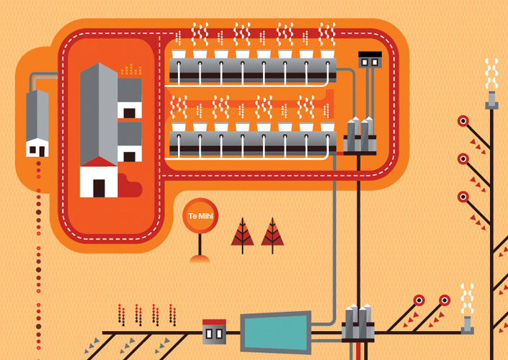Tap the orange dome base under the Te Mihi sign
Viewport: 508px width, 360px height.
[200, 258]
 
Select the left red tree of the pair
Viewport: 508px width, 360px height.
[242, 233]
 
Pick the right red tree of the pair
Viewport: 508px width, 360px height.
[272, 233]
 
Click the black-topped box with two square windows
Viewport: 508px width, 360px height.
[370, 60]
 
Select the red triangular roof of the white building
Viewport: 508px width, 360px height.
[99, 163]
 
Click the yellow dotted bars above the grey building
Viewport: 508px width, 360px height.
[130, 70]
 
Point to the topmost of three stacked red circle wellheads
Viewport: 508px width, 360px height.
[463, 121]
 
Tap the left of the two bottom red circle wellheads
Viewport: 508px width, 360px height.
[419, 300]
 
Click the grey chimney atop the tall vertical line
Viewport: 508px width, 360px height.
[491, 100]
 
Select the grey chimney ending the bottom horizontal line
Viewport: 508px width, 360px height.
[468, 325]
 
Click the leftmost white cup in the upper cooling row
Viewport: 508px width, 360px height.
[179, 54]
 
